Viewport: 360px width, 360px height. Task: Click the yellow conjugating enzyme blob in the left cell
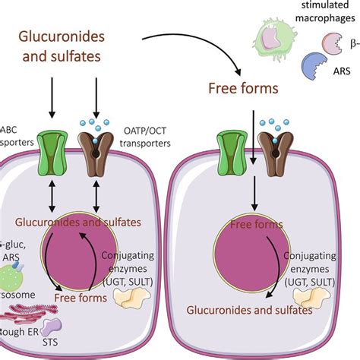137,300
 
